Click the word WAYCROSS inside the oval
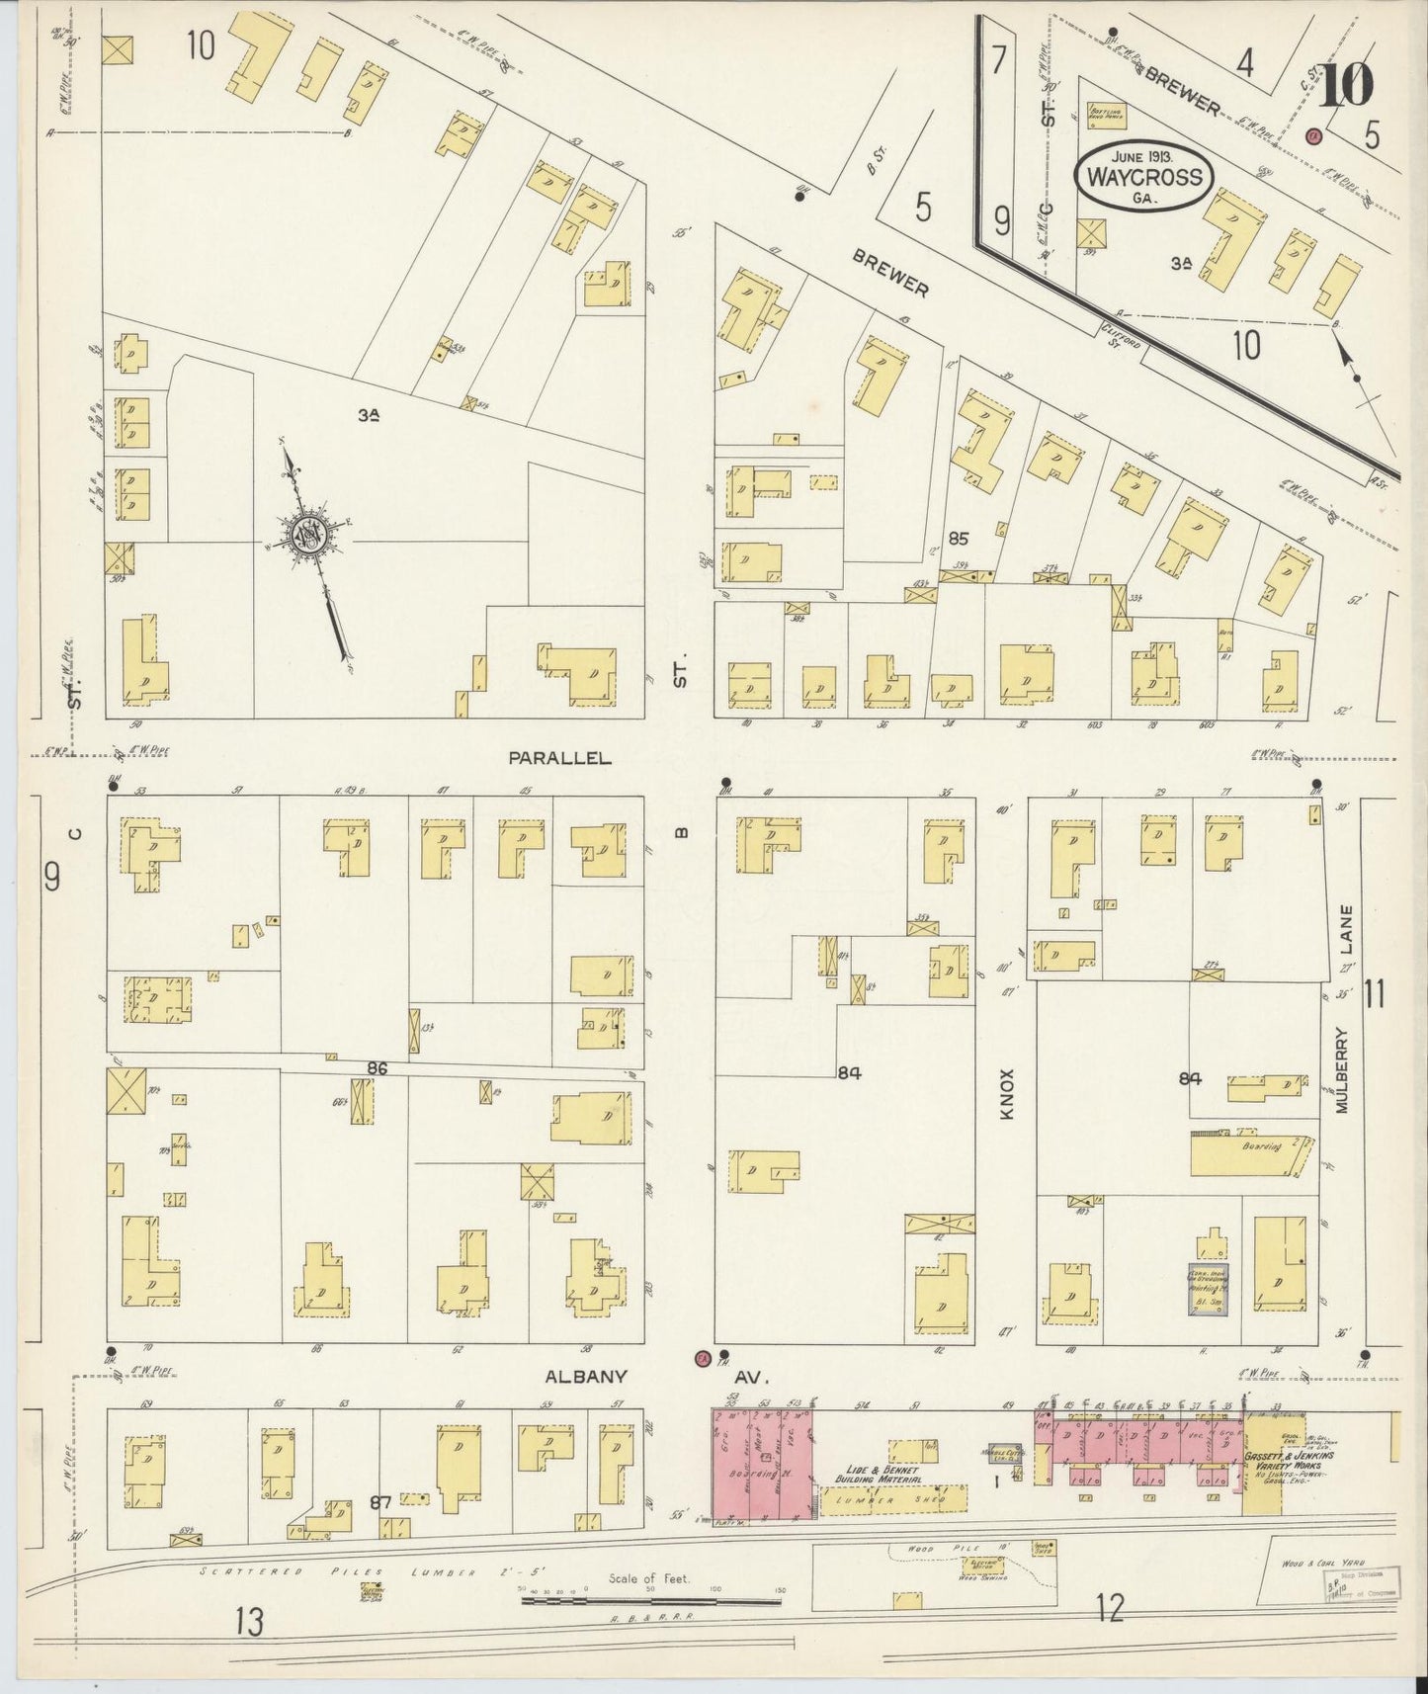[1144, 178]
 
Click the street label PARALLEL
[559, 758]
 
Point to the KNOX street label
[1006, 1094]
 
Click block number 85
[957, 540]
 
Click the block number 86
[377, 1068]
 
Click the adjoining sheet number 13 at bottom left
[251, 1621]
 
